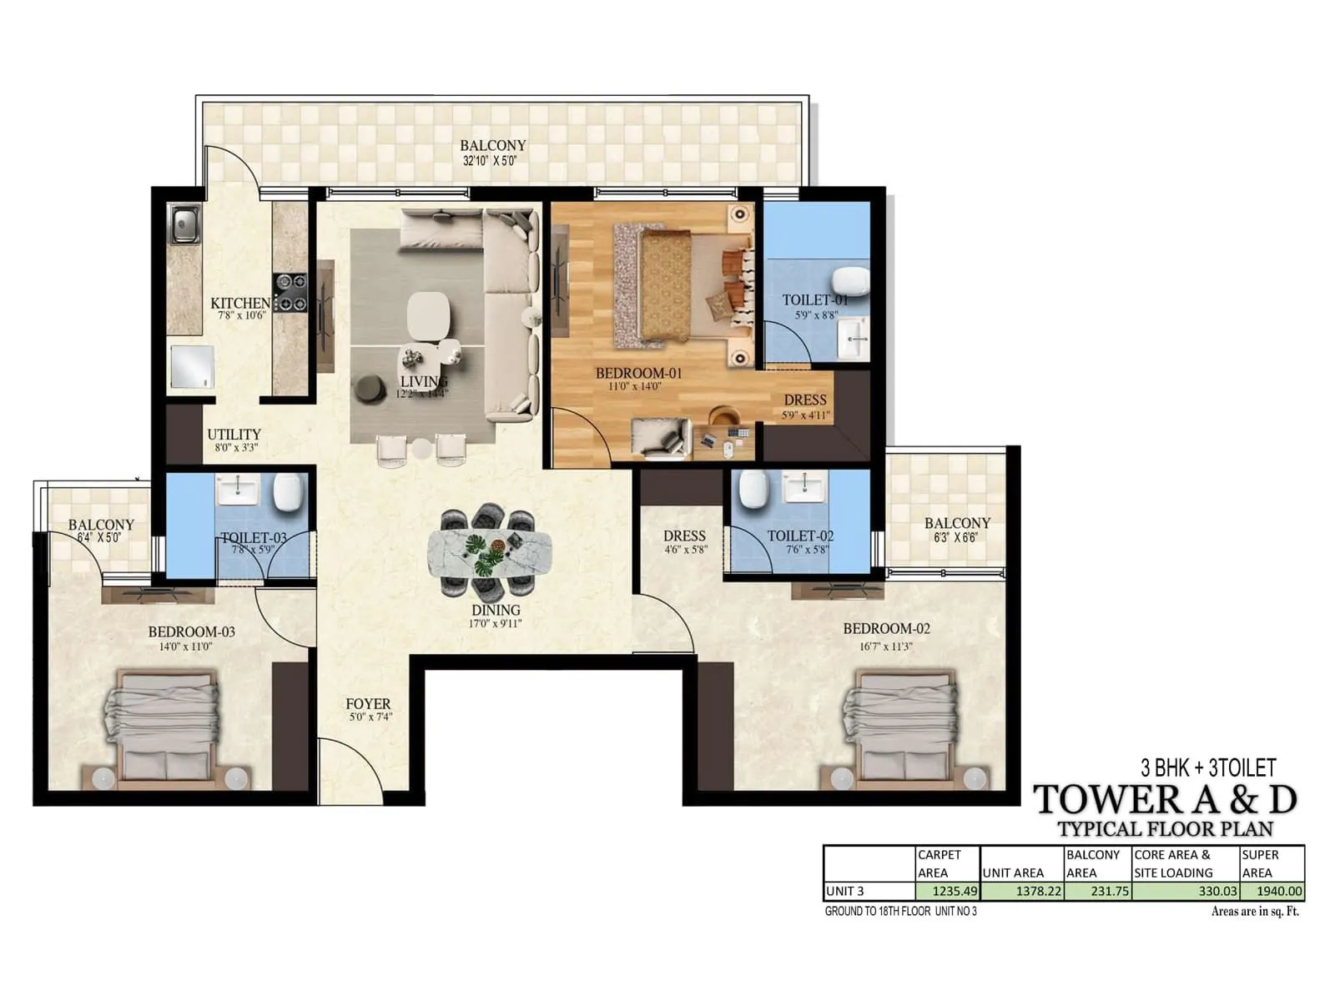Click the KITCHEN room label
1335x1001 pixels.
tap(240, 304)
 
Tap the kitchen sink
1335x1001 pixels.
tap(184, 224)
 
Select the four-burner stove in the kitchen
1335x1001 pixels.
tap(290, 293)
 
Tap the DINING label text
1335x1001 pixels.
tap(496, 611)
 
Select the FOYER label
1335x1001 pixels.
tap(368, 704)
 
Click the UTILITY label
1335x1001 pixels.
tap(234, 435)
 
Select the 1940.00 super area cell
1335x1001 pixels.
tap(1272, 891)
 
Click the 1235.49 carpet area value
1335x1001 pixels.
tap(947, 891)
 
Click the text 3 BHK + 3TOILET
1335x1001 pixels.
tap(1208, 767)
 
